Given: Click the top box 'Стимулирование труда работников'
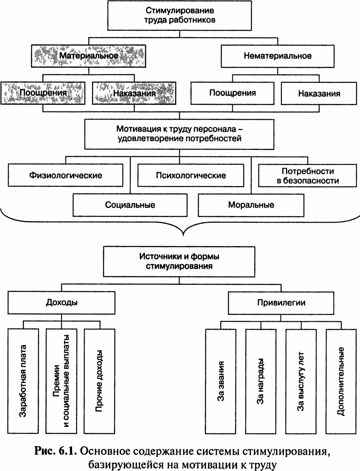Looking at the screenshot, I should click(x=179, y=15).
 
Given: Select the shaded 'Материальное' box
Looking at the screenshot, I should click(x=88, y=56).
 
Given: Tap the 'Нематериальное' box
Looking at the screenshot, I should click(x=277, y=56).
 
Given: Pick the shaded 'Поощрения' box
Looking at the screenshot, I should click(x=43, y=93).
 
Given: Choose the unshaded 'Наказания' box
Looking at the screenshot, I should click(x=319, y=93).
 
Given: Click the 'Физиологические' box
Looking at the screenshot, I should click(x=66, y=175).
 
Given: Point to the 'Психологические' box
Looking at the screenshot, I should click(x=191, y=175).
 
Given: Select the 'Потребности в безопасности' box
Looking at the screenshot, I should click(x=308, y=176).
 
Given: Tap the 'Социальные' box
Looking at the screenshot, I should click(x=130, y=205).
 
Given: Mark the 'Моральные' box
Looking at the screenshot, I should click(x=251, y=205).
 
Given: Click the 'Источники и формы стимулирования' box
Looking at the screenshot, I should click(x=179, y=261).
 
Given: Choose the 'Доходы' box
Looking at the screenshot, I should click(x=62, y=302).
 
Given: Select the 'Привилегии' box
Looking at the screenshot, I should click(x=281, y=302).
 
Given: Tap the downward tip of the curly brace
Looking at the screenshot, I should click(x=183, y=235).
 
